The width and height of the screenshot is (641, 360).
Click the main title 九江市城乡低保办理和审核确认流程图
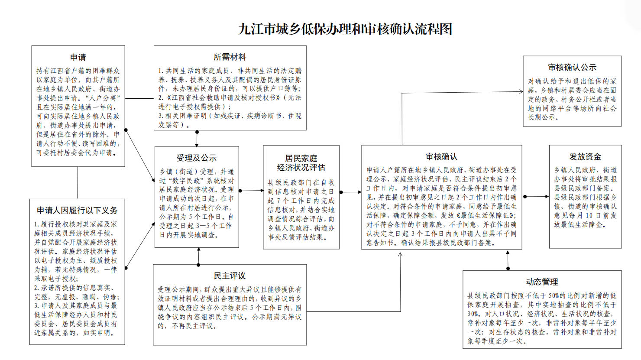point(345,29)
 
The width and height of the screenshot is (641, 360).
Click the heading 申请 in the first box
point(78,57)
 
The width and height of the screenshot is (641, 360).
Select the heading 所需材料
point(230,57)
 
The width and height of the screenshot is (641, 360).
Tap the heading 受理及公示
point(196,158)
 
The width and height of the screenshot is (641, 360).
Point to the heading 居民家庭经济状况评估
point(301,163)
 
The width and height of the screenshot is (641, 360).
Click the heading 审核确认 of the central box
point(441,156)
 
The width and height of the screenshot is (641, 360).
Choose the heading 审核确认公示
point(572,67)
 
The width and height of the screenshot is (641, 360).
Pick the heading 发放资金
point(585,156)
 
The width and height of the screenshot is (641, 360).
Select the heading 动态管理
point(541,282)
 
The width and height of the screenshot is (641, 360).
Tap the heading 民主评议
point(230,276)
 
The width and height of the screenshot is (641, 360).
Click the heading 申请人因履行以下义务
point(77,210)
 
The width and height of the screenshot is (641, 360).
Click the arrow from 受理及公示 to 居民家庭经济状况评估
point(251,190)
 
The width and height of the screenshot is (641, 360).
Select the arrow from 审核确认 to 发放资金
point(535,196)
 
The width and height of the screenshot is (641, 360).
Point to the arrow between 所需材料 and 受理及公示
point(197,138)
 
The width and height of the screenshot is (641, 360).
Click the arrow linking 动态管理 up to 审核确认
point(508,260)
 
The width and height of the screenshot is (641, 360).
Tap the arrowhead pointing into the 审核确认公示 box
point(521,91)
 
